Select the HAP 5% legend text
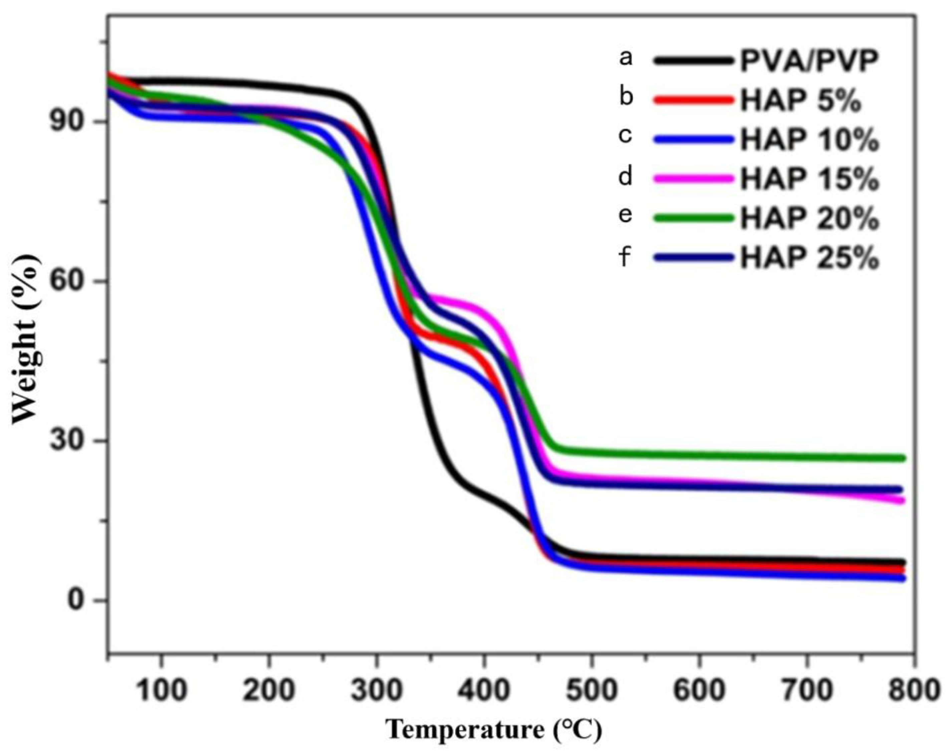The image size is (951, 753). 800,101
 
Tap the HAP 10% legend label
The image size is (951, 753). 809,140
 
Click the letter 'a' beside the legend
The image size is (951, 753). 625,58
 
